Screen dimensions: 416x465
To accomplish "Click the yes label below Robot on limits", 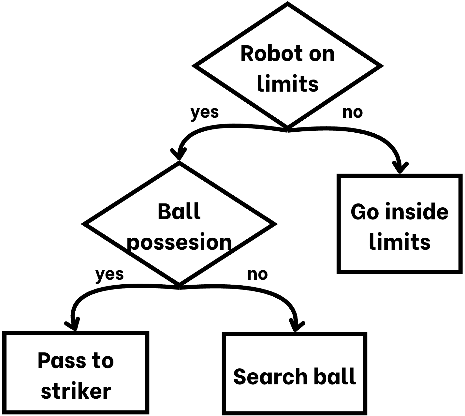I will (204, 112).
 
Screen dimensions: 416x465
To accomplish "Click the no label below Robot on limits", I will (352, 112).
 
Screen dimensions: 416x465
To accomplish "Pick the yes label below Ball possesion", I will (109, 275).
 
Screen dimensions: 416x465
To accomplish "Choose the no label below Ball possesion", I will (257, 275).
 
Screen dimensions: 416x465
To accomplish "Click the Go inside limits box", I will (400, 224).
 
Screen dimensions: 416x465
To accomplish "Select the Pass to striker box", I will (76, 372).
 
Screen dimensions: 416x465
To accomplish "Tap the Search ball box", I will (295, 373).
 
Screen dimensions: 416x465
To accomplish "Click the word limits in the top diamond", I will (287, 84).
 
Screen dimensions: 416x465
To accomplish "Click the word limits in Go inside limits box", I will (400, 242).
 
